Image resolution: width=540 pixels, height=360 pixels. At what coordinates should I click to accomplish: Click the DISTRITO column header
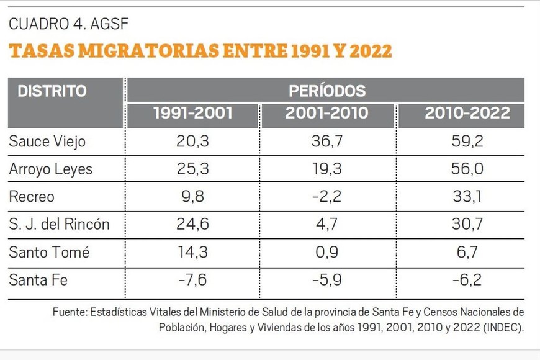[x=52, y=91]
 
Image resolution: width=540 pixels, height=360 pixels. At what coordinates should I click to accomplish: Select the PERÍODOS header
[x=327, y=91]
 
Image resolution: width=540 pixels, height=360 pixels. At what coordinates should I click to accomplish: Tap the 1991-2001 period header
[x=193, y=114]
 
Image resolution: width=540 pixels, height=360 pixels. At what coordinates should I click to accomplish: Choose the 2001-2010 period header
[x=326, y=114]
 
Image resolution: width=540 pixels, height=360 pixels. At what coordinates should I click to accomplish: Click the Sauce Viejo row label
[x=47, y=142]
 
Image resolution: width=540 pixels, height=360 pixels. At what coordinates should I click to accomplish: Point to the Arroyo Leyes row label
[x=51, y=169]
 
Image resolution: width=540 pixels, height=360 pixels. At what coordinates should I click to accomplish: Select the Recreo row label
[x=32, y=197]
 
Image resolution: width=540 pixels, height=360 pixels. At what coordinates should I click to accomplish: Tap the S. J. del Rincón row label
[x=59, y=224]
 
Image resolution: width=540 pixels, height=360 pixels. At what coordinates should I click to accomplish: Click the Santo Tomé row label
[x=49, y=252]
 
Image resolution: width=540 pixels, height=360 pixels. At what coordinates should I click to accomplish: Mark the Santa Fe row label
[x=38, y=280]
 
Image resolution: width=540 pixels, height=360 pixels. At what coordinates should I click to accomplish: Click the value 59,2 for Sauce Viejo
[x=467, y=142]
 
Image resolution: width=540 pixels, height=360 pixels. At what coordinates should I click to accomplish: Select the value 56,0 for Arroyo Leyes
[x=467, y=169]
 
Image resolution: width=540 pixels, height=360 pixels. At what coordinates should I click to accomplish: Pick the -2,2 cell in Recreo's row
[x=326, y=197]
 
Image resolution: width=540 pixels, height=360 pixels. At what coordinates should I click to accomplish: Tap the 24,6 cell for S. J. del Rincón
[x=193, y=224]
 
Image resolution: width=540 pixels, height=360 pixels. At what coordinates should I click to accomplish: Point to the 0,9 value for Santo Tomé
[x=326, y=252]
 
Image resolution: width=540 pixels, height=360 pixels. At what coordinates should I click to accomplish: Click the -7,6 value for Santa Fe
[x=193, y=280]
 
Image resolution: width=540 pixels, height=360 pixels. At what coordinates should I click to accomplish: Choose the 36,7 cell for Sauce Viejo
[x=326, y=142]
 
